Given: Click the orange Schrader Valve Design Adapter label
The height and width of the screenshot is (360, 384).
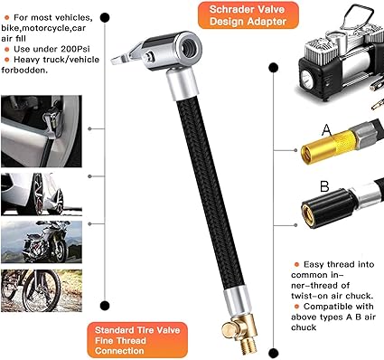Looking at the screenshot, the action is click(248, 15).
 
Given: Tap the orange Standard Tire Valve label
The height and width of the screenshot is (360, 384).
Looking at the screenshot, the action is click(137, 340).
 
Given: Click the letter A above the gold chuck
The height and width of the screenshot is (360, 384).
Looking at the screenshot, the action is click(327, 130).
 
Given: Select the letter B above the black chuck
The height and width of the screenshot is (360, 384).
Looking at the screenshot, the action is click(324, 186).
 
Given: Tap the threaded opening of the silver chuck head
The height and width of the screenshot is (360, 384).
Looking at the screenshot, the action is click(189, 49).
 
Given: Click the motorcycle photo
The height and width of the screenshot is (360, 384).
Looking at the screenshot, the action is click(42, 242).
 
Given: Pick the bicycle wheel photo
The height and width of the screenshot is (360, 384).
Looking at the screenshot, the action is click(42, 290).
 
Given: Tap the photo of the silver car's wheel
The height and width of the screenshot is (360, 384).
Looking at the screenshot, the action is click(42, 194).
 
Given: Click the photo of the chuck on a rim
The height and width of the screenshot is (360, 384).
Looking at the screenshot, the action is click(42, 131).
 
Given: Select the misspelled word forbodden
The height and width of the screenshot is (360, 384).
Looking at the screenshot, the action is click(23, 71).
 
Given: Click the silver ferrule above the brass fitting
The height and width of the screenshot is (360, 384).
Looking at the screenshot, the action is click(238, 301).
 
